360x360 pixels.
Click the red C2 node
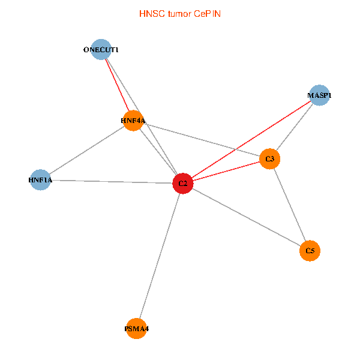(182, 183)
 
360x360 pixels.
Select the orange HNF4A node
(133, 121)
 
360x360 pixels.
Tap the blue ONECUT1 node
(101, 50)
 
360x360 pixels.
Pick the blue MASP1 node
(319, 95)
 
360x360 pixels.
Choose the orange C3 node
(270, 159)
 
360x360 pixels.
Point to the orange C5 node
(310, 250)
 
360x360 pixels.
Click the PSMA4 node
(137, 329)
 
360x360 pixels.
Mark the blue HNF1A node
(40, 179)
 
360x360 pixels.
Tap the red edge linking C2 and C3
(226, 171)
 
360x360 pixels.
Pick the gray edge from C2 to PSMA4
(160, 256)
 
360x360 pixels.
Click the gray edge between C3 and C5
(290, 205)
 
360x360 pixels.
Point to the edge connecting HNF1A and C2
(111, 181)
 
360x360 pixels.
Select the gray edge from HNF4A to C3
(201, 140)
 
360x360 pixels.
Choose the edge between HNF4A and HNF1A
(86, 150)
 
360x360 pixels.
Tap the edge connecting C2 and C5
(246, 217)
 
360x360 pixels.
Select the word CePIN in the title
(207, 13)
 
